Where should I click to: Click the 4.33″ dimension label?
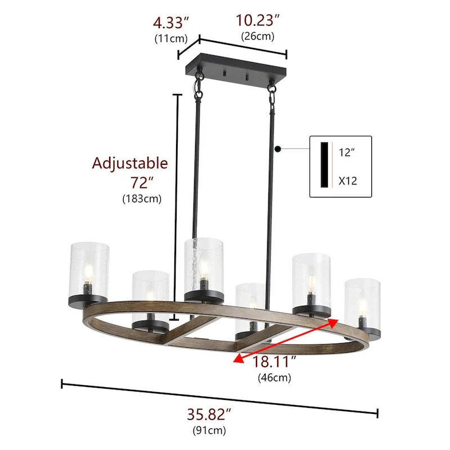click(x=170, y=24)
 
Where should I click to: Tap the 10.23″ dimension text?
click(x=258, y=21)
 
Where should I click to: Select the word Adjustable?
click(x=130, y=163)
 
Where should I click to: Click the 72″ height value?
click(x=141, y=182)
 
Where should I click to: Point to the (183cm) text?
click(x=141, y=199)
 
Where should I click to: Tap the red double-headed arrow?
click(x=287, y=340)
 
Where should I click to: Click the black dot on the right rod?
click(x=278, y=149)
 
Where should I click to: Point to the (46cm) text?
click(x=274, y=378)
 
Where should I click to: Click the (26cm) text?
click(x=258, y=37)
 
